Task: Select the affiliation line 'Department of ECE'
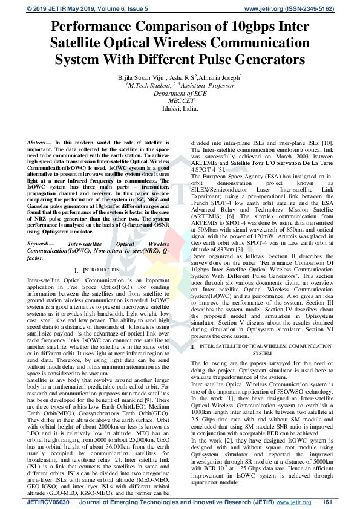180,94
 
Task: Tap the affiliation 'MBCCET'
180,101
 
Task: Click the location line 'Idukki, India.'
180,109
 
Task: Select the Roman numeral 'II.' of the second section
193,346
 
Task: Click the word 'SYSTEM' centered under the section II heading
262,353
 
